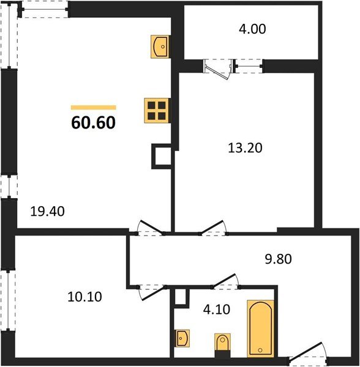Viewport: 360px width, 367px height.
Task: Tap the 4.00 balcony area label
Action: coord(252,29)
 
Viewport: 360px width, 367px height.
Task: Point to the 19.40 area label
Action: coord(48,212)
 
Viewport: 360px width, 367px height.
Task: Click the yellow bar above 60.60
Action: coord(93,108)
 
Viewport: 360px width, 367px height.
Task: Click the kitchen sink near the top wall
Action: coord(160,46)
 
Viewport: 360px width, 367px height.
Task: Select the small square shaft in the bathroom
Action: coord(180,297)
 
